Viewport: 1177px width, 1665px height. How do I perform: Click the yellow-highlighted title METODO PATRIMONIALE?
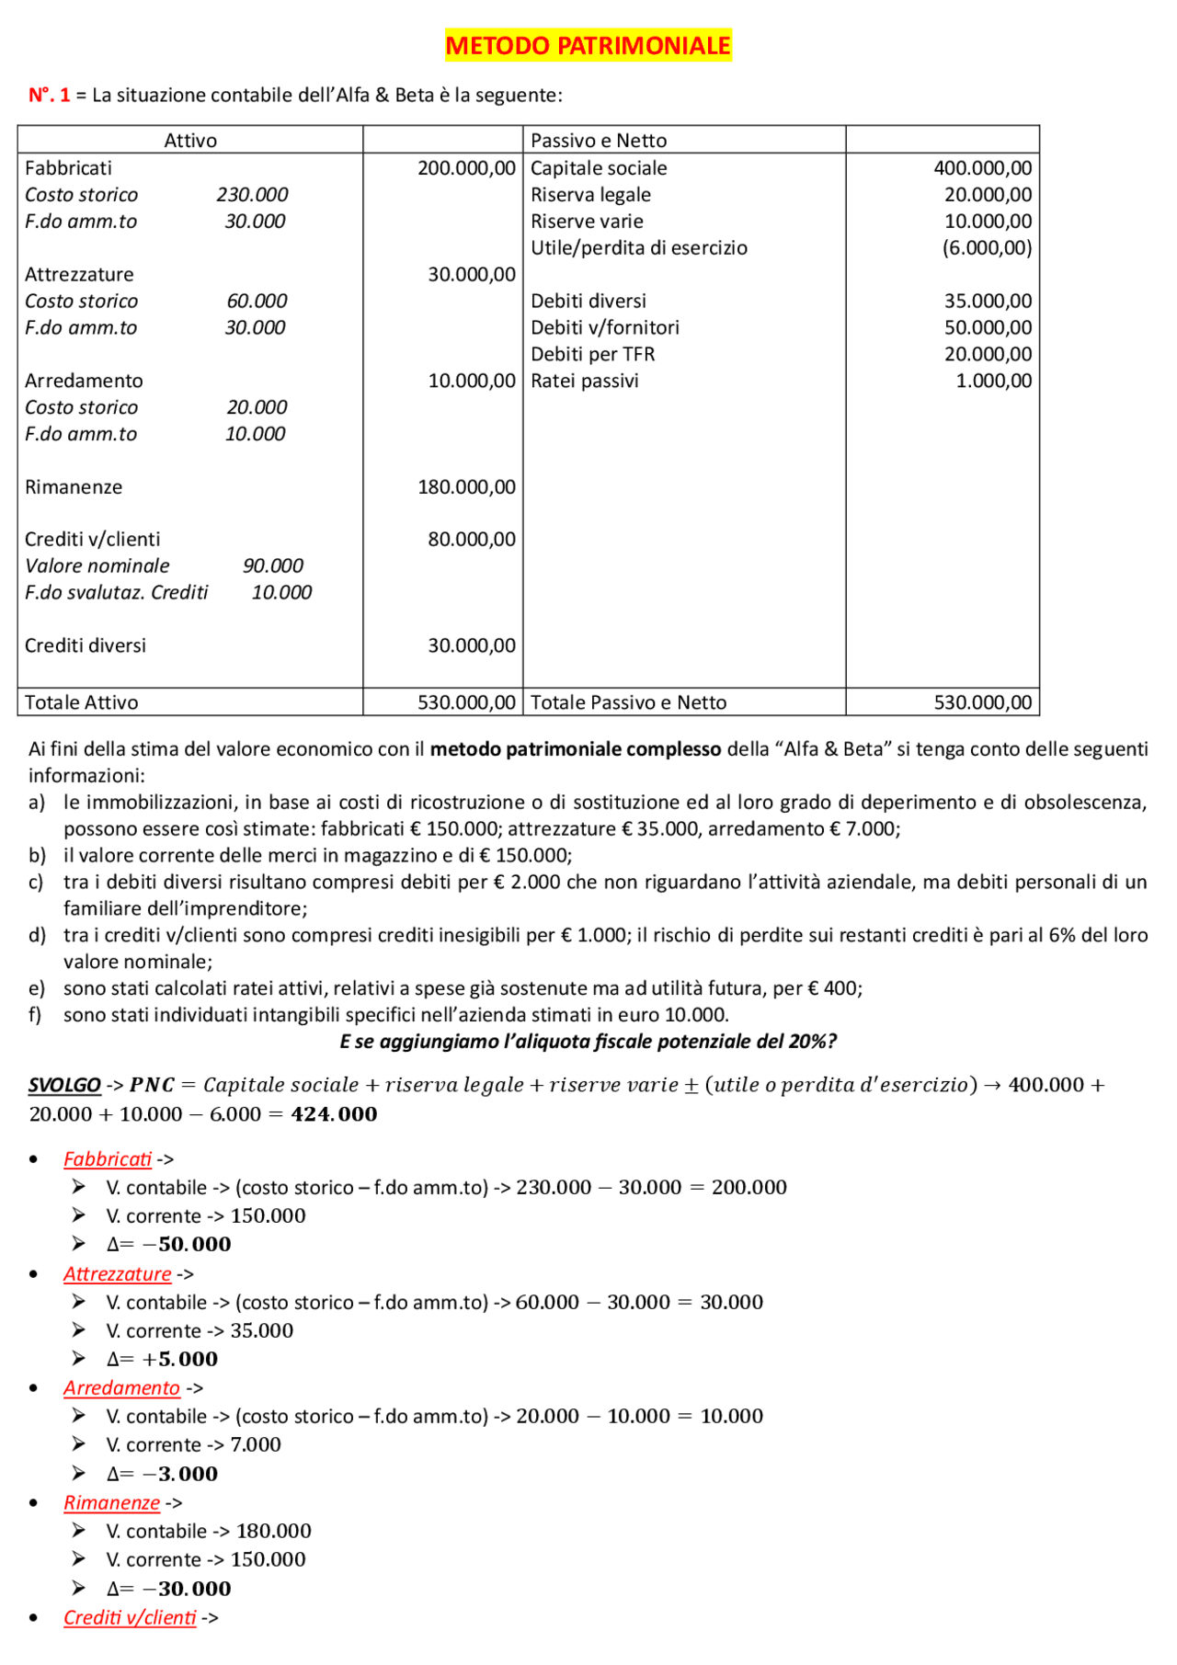(x=588, y=45)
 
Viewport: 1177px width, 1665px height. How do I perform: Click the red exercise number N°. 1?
(x=50, y=95)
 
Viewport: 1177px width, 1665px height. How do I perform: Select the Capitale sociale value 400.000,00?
(x=982, y=168)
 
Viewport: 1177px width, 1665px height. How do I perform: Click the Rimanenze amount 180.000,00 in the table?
(x=466, y=487)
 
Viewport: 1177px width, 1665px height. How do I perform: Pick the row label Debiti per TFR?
(x=592, y=354)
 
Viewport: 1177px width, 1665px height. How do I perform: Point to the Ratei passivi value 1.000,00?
(x=993, y=381)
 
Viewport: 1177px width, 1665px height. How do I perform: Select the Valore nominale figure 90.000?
(x=273, y=566)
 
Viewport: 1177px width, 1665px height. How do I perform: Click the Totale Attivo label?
(x=81, y=702)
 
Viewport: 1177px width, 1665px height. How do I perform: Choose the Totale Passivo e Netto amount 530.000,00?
(x=982, y=702)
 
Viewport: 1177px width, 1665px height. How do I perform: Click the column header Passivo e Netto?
(x=599, y=141)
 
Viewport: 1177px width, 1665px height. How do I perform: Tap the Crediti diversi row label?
(x=86, y=645)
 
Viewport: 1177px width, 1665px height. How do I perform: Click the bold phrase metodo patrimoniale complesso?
(x=576, y=749)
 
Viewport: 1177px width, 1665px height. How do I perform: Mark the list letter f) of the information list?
(x=37, y=1015)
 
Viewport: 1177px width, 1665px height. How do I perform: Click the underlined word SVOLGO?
(x=64, y=1085)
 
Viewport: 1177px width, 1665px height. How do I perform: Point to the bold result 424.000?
(x=334, y=1114)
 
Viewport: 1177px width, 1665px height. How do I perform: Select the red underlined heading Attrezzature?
(x=117, y=1274)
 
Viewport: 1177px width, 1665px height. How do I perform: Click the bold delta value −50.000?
(x=188, y=1245)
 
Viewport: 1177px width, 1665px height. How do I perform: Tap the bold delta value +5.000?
(x=180, y=1360)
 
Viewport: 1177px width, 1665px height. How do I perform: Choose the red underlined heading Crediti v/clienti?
(x=130, y=1618)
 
